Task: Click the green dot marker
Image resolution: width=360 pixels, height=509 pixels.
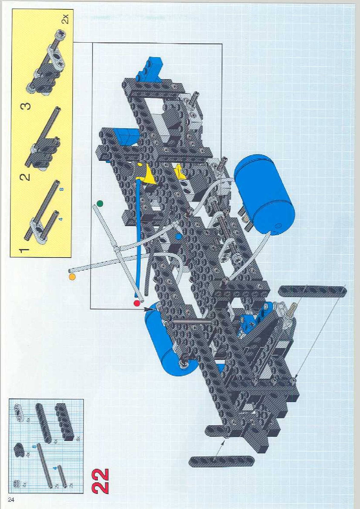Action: coord(100,203)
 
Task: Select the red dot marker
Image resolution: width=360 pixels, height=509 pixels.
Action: coord(137,303)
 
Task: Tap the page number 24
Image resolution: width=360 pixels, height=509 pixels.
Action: coord(11,499)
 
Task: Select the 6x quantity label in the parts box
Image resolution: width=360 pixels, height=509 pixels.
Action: coord(78,437)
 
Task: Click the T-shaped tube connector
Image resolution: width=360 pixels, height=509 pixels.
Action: coord(116,248)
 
